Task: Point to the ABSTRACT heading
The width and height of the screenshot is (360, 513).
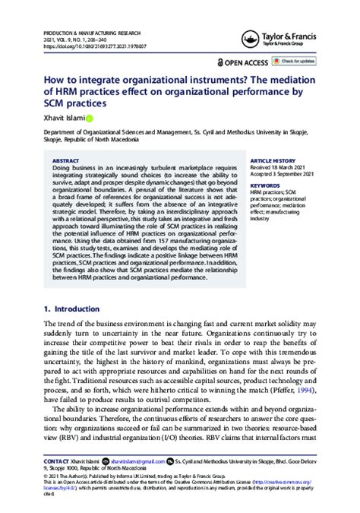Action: (x=68, y=161)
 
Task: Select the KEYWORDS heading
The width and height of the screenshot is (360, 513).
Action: (x=265, y=185)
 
